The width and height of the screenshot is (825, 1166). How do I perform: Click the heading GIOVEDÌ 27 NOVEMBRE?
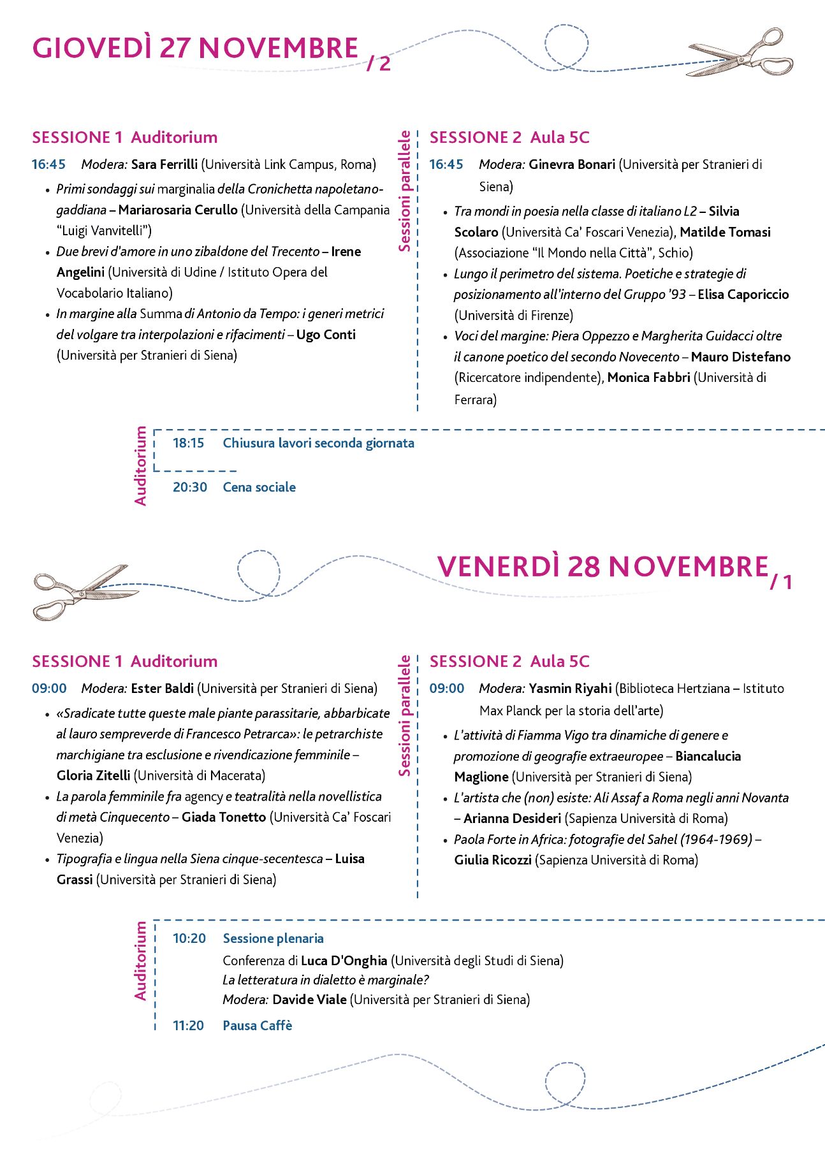click(195, 49)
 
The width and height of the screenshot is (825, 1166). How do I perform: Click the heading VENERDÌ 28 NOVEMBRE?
click(602, 567)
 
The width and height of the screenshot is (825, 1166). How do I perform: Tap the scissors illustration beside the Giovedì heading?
click(740, 53)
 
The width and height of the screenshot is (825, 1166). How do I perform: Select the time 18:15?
click(188, 443)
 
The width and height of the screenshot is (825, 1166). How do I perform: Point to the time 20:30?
click(189, 487)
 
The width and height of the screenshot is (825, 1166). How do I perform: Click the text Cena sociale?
click(259, 487)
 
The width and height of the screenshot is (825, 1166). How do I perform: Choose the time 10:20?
click(189, 938)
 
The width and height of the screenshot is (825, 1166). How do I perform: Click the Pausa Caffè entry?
click(257, 1026)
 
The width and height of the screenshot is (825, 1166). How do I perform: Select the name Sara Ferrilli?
click(164, 164)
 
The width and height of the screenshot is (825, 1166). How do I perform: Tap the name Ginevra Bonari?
click(572, 164)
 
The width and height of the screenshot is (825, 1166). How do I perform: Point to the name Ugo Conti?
click(326, 335)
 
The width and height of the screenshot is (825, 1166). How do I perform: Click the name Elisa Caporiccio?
click(743, 295)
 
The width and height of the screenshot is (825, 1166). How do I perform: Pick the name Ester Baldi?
click(162, 689)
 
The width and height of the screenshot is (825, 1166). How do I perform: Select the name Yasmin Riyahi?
click(570, 689)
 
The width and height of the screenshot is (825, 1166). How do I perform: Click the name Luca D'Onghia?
click(344, 961)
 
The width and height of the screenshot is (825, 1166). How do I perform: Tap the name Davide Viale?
click(309, 1000)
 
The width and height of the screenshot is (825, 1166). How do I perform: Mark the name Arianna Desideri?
click(512, 819)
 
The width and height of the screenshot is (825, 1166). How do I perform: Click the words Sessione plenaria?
click(273, 938)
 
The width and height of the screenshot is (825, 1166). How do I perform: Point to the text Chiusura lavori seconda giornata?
click(318, 443)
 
